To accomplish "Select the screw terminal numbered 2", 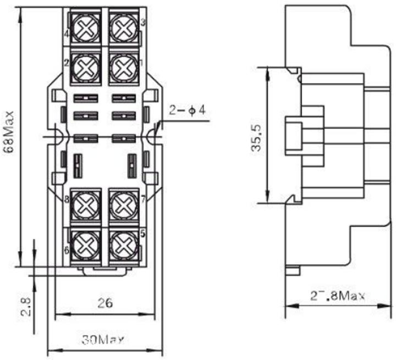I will (85, 67).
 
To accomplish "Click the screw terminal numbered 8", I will (85, 206).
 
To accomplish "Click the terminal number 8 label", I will (66, 199).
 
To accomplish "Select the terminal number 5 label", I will (143, 233).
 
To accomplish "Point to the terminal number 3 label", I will (143, 23).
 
